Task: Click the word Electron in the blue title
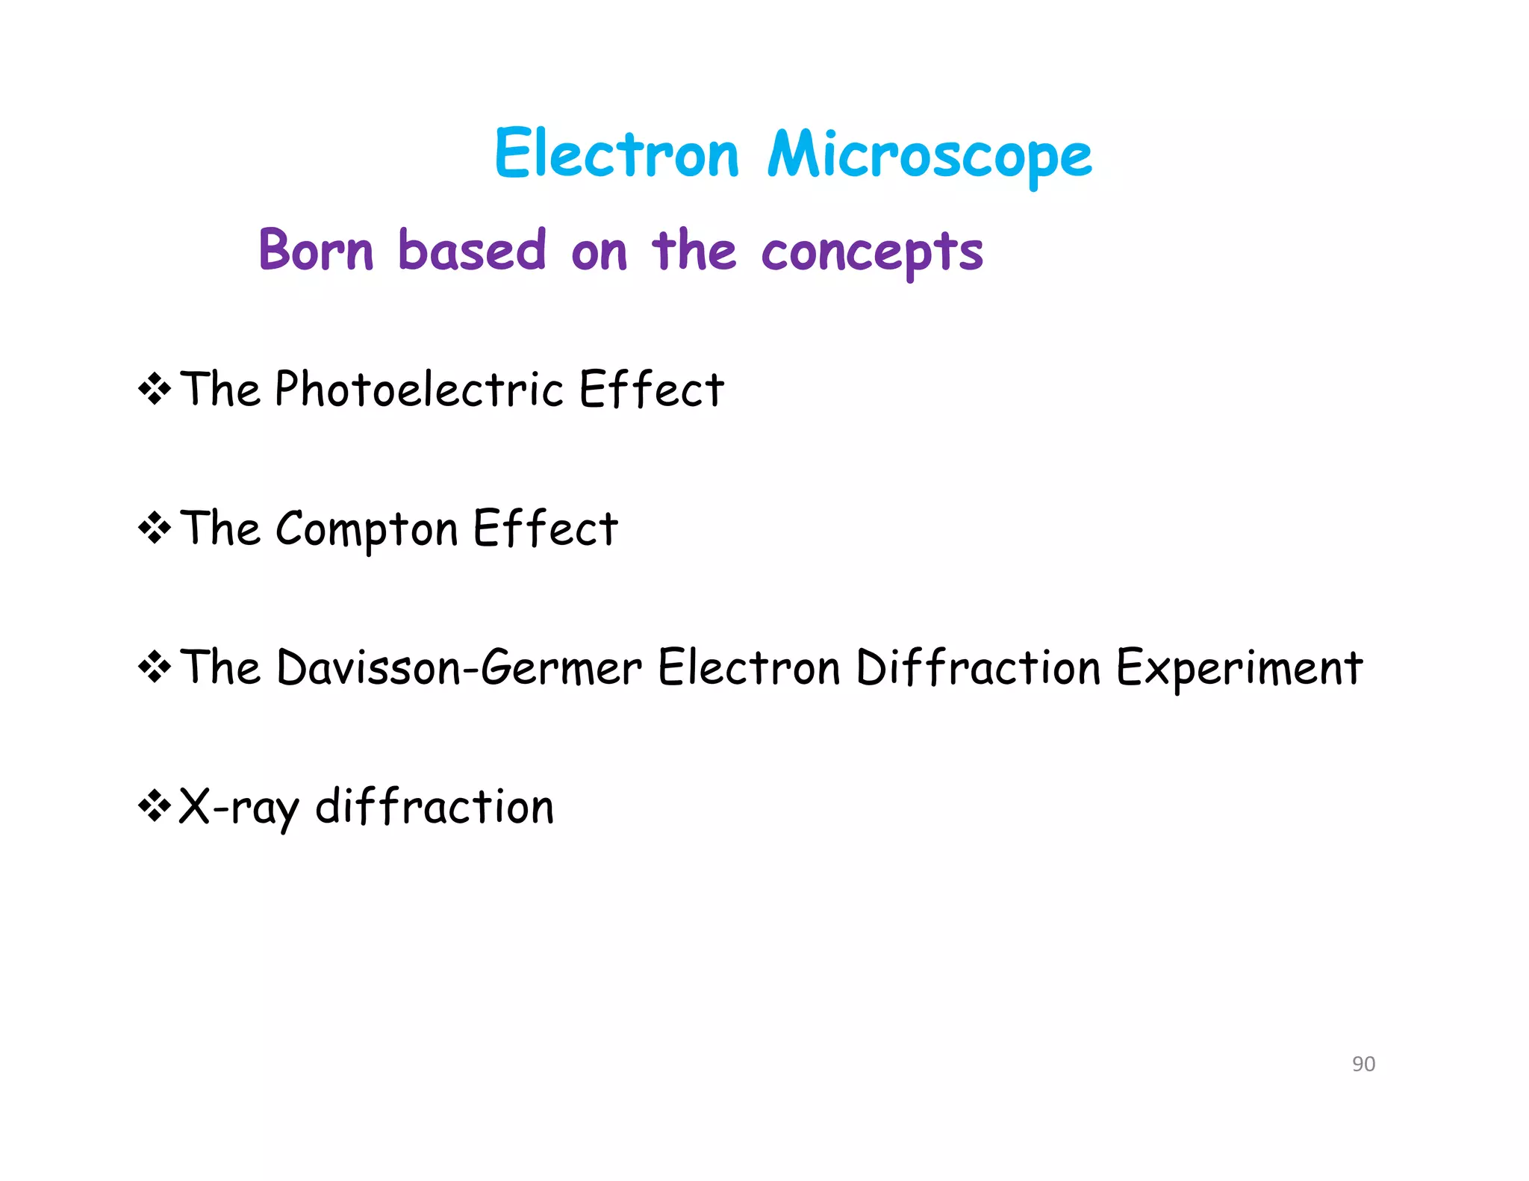pyautogui.click(x=617, y=154)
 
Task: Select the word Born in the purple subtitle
pyautogui.click(x=316, y=250)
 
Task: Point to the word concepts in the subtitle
pyautogui.click(x=872, y=252)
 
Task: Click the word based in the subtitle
pyautogui.click(x=472, y=250)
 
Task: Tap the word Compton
pyautogui.click(x=367, y=529)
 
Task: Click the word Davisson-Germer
pyautogui.click(x=459, y=667)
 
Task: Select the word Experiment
pyautogui.click(x=1239, y=667)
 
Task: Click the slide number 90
pyautogui.click(x=1363, y=1064)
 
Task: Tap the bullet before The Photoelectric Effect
pyautogui.click(x=155, y=389)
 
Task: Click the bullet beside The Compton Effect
pyautogui.click(x=155, y=529)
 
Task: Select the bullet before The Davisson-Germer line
pyautogui.click(x=155, y=667)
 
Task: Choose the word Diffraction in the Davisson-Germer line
pyautogui.click(x=978, y=667)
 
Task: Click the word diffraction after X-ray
pyautogui.click(x=435, y=807)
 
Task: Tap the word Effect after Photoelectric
pyautogui.click(x=651, y=389)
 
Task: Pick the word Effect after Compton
pyautogui.click(x=545, y=529)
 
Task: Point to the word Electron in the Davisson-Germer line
pyautogui.click(x=749, y=667)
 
